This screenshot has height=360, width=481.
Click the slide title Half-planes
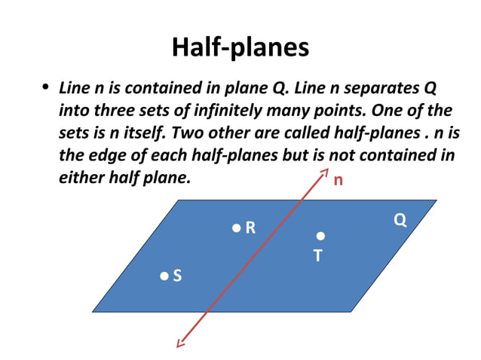[240, 47]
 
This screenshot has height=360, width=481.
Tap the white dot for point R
[236, 227]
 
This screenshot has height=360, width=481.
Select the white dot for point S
[164, 276]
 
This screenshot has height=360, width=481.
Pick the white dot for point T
[320, 236]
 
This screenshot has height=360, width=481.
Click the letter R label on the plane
[250, 227]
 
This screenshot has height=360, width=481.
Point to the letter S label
[177, 276]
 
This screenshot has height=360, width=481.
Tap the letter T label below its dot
[318, 256]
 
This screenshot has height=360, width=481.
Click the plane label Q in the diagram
[400, 220]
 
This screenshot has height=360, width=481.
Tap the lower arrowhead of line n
[179, 343]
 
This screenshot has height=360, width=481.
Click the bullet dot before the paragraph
[46, 89]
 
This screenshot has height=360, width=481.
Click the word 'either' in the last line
[79, 179]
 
